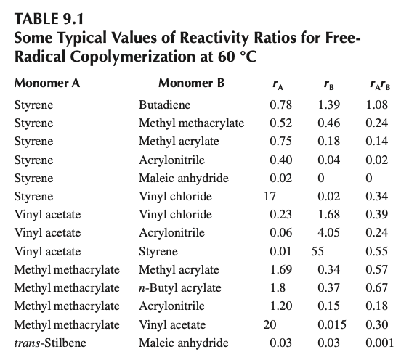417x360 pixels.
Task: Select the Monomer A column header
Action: pos(46,82)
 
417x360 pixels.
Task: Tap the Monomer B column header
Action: pos(191,82)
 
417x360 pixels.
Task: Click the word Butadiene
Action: pos(161,105)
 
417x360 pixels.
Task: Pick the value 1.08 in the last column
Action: pos(377,105)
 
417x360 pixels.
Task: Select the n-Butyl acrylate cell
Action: pos(179,288)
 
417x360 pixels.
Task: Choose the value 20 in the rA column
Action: pos(270,325)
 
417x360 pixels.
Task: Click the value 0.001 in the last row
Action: pos(377,343)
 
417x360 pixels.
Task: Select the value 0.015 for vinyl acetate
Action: pos(331,325)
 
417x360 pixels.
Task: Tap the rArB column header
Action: pos(377,82)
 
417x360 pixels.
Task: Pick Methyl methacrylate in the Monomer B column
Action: pos(191,123)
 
